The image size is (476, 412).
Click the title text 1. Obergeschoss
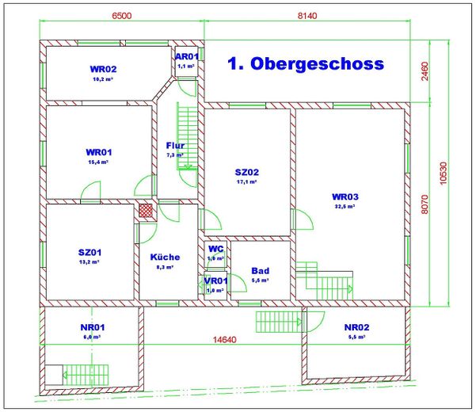pos(305,64)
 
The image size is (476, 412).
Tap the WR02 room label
pos(104,70)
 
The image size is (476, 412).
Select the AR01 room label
pos(186,57)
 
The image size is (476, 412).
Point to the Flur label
pos(175,146)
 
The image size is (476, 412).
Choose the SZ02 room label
pos(247,172)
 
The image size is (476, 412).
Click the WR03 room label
pos(345,196)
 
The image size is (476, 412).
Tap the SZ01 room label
pos(89,253)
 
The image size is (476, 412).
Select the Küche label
pos(165,257)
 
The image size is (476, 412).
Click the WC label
pos(215,249)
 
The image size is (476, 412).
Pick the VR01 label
pos(215,280)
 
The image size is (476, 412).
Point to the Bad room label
pos(260,271)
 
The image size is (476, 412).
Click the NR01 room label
pos(93,326)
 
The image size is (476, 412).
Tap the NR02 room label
pos(357,327)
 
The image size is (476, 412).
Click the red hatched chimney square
pos(147,211)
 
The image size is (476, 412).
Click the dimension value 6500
pos(122,15)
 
